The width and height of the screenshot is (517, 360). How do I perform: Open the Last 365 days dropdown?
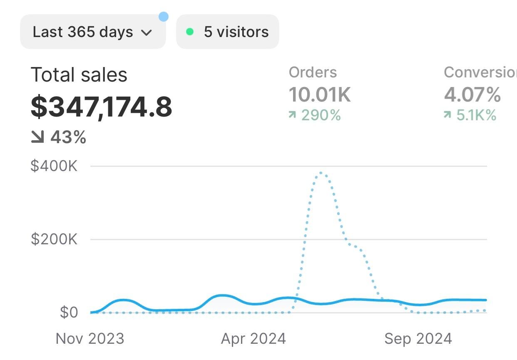click(92, 32)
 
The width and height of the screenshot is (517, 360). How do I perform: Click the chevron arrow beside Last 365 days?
click(147, 33)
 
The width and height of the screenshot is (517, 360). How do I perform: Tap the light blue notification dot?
click(164, 17)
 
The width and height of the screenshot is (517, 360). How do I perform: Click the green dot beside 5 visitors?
click(190, 32)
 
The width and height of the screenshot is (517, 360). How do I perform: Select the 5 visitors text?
click(236, 32)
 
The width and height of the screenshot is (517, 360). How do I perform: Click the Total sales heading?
click(79, 75)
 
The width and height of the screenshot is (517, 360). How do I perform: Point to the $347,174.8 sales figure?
click(101, 107)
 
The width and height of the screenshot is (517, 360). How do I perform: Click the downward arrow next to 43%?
click(37, 137)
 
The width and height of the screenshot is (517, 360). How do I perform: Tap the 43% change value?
click(68, 137)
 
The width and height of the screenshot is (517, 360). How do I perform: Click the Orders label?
click(313, 72)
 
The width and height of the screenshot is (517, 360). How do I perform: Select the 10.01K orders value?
click(320, 94)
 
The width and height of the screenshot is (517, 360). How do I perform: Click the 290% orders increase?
click(321, 115)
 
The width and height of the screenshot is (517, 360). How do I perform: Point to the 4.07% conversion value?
click(472, 94)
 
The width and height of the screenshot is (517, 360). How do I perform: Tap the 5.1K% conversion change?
click(476, 115)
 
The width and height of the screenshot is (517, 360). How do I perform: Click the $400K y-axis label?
click(54, 166)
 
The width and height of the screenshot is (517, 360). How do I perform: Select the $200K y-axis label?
click(54, 239)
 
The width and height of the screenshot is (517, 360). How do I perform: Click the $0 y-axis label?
click(69, 312)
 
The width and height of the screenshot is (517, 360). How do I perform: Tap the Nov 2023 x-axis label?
click(90, 338)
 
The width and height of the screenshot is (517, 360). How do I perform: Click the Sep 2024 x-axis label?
click(418, 338)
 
